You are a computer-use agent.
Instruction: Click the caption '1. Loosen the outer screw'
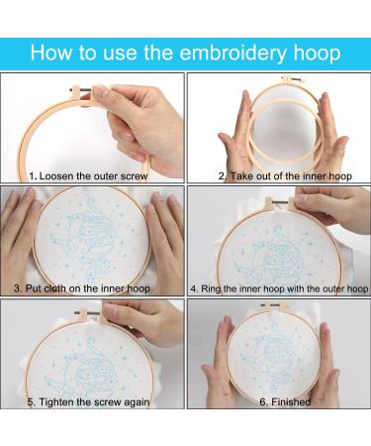[88, 176]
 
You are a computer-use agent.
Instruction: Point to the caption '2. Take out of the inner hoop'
[285, 176]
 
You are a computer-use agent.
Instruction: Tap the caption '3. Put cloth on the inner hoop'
[82, 288]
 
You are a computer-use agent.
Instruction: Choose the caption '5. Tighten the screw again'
[88, 402]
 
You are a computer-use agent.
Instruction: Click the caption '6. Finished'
[285, 402]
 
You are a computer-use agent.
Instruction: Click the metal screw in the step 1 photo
[81, 90]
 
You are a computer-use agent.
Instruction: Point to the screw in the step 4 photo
[281, 200]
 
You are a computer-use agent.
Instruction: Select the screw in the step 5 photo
[88, 311]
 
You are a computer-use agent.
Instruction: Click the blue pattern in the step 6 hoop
[273, 357]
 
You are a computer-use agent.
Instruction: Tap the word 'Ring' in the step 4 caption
[211, 289]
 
